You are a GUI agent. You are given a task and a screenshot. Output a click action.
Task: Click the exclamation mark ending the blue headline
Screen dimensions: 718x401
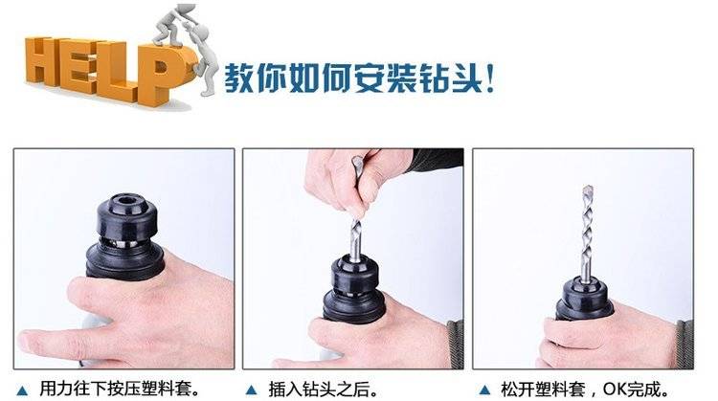[x=490, y=78]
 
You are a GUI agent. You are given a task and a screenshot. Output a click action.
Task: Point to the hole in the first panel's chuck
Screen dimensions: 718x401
[x=125, y=200]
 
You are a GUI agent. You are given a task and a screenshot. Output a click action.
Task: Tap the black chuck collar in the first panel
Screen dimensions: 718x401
[x=126, y=216]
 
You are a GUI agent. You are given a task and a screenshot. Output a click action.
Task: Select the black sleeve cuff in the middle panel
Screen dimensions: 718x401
[x=438, y=160]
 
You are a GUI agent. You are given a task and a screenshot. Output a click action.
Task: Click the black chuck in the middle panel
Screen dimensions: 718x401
[x=354, y=289]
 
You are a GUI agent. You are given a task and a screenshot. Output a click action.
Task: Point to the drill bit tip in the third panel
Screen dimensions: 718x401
[x=588, y=189]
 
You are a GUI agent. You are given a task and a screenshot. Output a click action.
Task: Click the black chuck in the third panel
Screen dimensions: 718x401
[x=584, y=299]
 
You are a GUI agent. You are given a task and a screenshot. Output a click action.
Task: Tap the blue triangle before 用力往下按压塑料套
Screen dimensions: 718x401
[x=21, y=390]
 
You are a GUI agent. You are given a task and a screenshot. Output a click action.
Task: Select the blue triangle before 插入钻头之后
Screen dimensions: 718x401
[x=251, y=390]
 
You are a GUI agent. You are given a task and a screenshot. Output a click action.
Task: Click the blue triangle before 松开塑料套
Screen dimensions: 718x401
[x=484, y=390]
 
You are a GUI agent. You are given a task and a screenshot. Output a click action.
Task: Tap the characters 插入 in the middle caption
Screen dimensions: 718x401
[x=285, y=390]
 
